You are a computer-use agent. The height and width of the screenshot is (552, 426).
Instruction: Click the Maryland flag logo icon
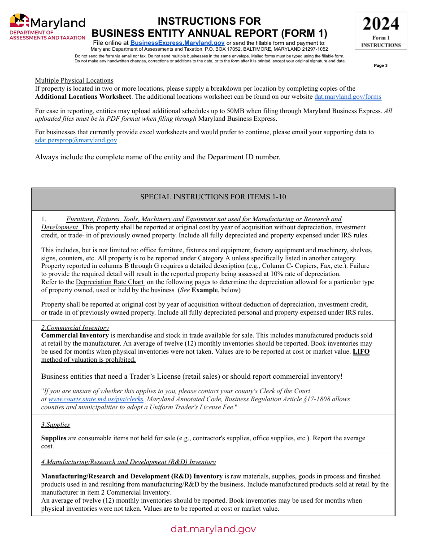(19, 21)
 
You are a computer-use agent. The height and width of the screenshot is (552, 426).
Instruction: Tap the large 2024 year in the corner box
(381, 24)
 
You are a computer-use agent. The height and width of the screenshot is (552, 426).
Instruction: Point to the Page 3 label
(380, 66)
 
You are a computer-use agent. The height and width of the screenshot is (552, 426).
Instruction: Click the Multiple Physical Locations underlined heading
(74, 80)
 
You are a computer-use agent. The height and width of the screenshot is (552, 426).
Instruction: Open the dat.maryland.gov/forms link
(348, 96)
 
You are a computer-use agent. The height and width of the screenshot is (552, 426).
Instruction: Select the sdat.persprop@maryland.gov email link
(76, 140)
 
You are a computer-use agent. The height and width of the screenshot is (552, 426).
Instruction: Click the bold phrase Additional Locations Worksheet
(83, 96)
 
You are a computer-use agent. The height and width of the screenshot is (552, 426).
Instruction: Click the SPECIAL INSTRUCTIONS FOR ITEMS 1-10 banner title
(213, 197)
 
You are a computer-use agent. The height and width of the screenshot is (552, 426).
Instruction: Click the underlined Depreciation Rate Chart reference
(110, 282)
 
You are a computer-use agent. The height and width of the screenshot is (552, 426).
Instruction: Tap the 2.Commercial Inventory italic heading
(75, 328)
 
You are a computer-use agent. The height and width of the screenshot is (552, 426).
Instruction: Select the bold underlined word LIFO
(361, 351)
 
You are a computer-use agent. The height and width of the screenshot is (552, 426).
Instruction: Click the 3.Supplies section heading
(56, 425)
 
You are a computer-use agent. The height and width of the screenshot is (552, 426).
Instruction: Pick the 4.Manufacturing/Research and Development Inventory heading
(128, 462)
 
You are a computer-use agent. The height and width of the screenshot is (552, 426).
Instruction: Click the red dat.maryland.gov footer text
(213, 529)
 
